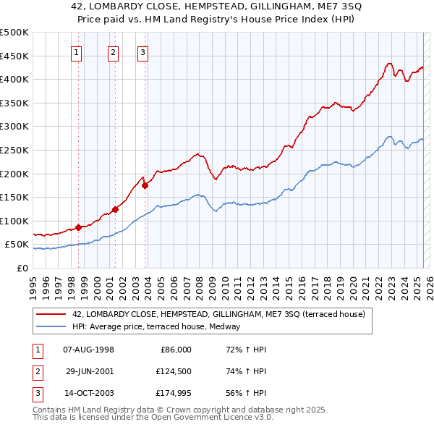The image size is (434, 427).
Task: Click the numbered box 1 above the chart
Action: coord(76,51)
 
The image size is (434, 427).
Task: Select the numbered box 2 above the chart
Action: coord(114,51)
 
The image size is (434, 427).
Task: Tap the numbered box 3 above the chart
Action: coord(142,51)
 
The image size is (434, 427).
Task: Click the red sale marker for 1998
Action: coord(78,227)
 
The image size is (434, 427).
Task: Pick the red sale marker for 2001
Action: coord(115,209)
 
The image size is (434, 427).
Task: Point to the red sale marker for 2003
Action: coord(145,185)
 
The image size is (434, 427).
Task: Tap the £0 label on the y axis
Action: coord(22,268)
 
